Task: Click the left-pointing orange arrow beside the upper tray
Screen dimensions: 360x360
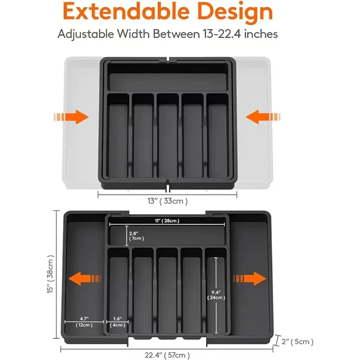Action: (x=264, y=117)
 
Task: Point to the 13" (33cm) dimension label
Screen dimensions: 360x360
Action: (x=167, y=201)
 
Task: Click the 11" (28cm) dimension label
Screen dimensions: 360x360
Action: (x=167, y=221)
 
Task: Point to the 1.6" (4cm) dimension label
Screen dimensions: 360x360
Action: (x=117, y=321)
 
